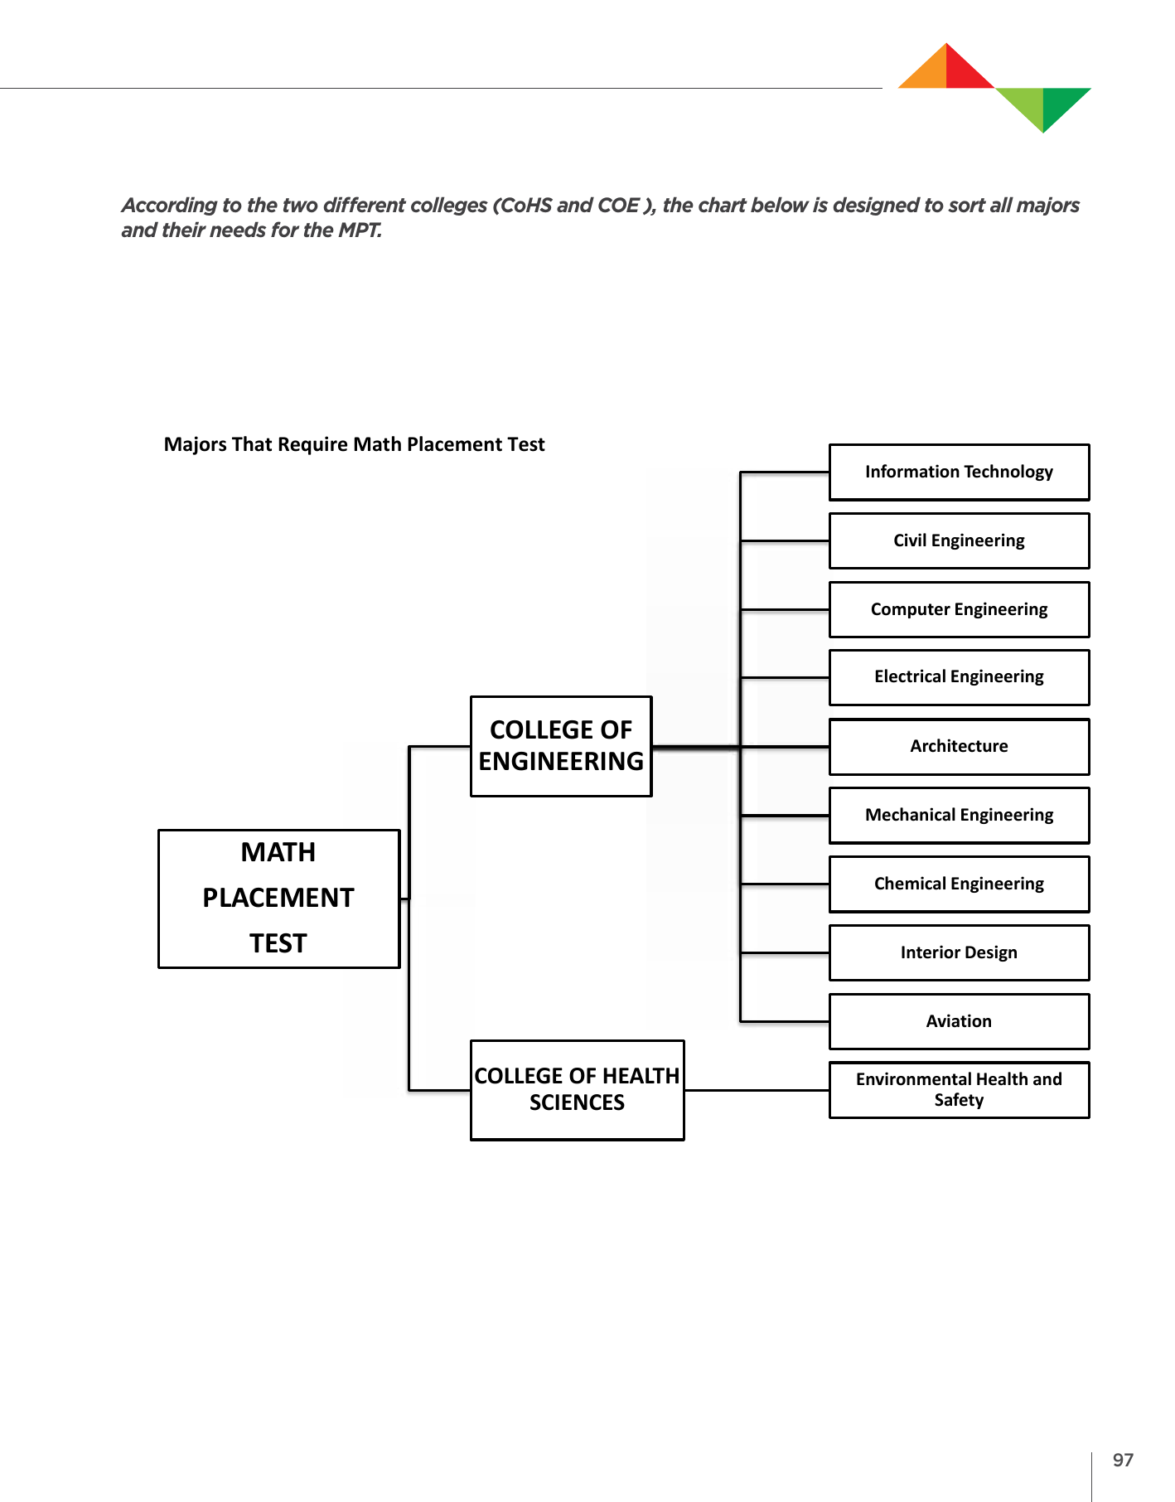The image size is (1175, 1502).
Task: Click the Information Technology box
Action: [x=959, y=472]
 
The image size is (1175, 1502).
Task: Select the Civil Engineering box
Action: [x=959, y=541]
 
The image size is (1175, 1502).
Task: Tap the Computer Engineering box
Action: [x=959, y=610]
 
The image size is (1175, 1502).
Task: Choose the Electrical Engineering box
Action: [x=959, y=678]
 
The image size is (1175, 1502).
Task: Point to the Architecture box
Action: [x=959, y=747]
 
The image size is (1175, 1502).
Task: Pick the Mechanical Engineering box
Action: [x=959, y=816]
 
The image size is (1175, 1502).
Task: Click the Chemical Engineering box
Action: [x=959, y=884]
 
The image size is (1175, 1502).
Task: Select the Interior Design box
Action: [x=959, y=953]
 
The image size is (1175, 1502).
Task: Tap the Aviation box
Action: [x=959, y=1022]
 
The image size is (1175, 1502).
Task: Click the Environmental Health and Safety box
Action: [x=959, y=1090]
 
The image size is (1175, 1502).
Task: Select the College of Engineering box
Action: [x=561, y=746]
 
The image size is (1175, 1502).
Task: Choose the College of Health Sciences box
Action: [x=577, y=1090]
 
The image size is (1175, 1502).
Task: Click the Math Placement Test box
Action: [x=278, y=899]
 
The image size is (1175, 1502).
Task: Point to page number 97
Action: [x=1123, y=1461]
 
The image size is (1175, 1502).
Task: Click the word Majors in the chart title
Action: [x=196, y=445]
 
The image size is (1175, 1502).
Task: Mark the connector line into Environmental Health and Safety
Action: [x=757, y=1090]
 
